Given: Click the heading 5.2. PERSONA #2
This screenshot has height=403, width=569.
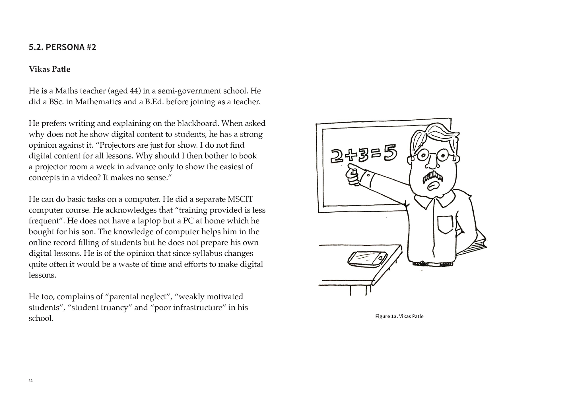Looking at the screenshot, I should click(62, 47).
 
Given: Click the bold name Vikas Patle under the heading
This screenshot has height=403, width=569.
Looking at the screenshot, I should click(49, 69).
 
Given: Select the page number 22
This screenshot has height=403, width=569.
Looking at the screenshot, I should click(30, 381).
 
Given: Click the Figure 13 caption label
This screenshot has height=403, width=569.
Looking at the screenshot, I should click(386, 316).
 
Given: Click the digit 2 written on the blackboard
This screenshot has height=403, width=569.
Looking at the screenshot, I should click(337, 156).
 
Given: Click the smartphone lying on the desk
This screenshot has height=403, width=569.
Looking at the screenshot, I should click(367, 259).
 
